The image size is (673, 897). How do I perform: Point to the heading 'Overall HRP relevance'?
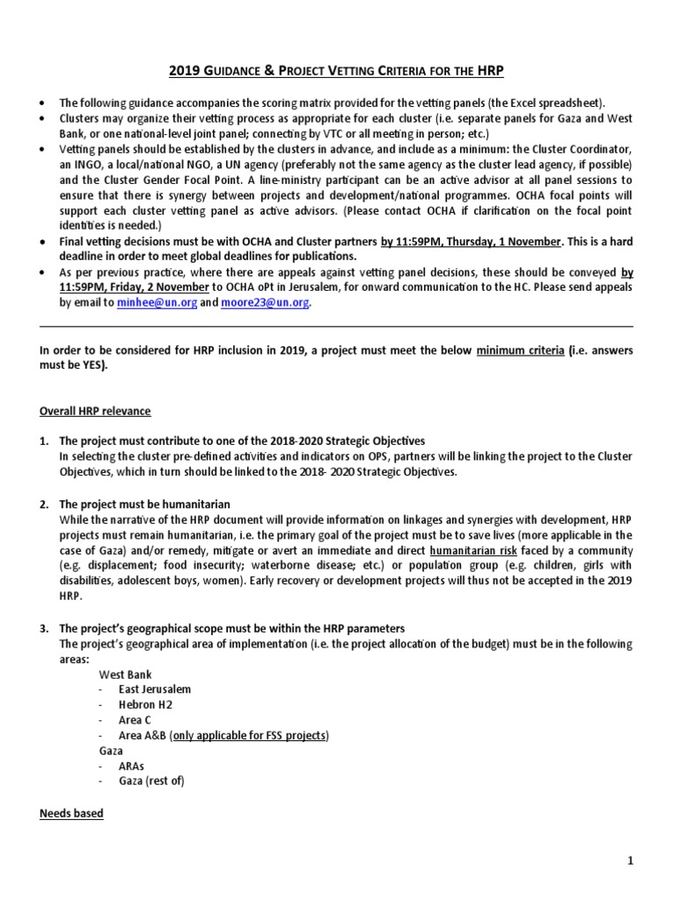click(96, 411)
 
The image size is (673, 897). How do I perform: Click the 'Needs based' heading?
click(71, 814)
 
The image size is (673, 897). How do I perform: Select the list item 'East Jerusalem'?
click(155, 689)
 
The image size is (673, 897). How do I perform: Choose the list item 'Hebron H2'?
click(145, 704)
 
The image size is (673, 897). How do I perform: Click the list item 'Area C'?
click(137, 720)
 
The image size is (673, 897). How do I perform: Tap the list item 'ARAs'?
click(133, 766)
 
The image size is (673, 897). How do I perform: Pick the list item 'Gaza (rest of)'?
click(152, 780)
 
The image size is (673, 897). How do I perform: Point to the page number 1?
click(629, 862)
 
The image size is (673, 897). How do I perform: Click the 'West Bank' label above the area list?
click(124, 675)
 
